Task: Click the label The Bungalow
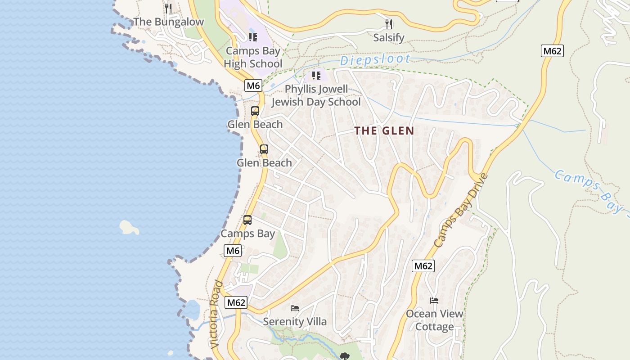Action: (x=168, y=22)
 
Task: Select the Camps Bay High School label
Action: (x=253, y=57)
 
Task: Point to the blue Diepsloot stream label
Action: (x=375, y=59)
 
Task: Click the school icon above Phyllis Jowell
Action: (x=316, y=75)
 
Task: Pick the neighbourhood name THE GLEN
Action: (x=384, y=131)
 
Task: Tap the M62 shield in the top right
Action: (x=552, y=51)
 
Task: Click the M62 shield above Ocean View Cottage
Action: (x=423, y=266)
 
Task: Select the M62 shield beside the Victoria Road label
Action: (x=236, y=302)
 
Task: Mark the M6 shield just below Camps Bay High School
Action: (x=253, y=85)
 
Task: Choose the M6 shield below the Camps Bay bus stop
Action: (x=233, y=251)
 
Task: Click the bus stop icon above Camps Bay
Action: (x=247, y=220)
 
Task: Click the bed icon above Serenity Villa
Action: (x=295, y=308)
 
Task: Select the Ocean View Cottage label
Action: (x=434, y=320)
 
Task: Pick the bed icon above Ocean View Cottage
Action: (x=434, y=301)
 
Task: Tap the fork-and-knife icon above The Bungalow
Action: (x=168, y=8)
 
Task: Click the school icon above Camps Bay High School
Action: (x=253, y=37)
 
